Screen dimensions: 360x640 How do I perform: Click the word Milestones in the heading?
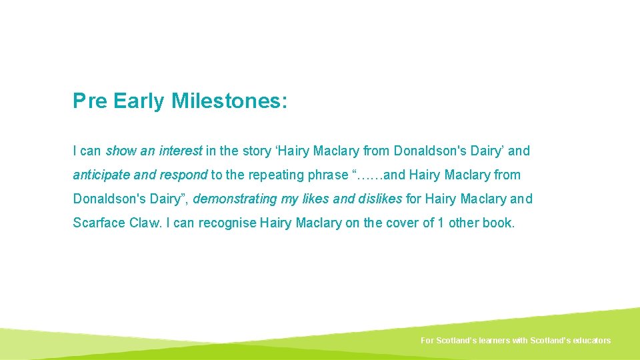coord(229,101)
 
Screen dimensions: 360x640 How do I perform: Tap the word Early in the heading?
coord(139,101)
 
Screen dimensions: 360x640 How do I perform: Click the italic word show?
coord(121,151)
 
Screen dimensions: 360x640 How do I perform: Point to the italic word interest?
coord(181,151)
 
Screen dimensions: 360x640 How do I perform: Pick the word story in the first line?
coord(257,151)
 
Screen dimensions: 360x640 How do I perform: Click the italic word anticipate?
coord(101,175)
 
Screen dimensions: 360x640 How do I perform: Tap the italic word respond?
coord(185,175)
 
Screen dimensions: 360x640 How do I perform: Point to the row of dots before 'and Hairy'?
coord(371,175)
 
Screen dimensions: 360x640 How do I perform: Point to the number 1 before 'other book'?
coord(441,223)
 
